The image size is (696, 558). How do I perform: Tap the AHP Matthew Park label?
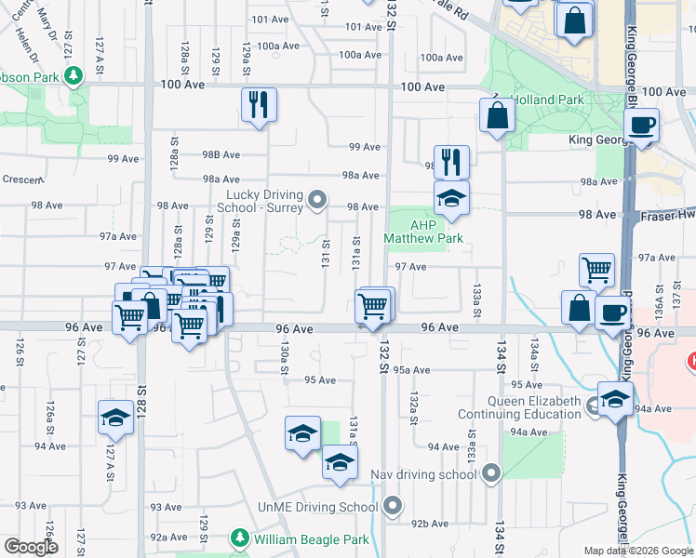[x=424, y=231]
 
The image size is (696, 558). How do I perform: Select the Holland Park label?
[x=551, y=100]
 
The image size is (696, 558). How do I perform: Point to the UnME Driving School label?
[x=318, y=507]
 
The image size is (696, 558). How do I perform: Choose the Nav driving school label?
[x=423, y=474]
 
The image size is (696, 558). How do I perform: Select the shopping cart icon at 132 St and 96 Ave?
[x=373, y=305]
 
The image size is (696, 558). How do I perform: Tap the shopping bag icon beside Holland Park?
[x=498, y=115]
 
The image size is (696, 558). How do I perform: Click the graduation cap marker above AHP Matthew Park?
[x=451, y=198]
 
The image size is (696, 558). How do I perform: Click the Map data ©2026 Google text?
[x=638, y=551]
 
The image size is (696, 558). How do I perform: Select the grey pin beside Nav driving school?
[x=491, y=474]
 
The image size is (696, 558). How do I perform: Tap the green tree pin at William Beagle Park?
[x=240, y=538]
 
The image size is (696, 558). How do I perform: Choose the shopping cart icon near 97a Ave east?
[x=596, y=270]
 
